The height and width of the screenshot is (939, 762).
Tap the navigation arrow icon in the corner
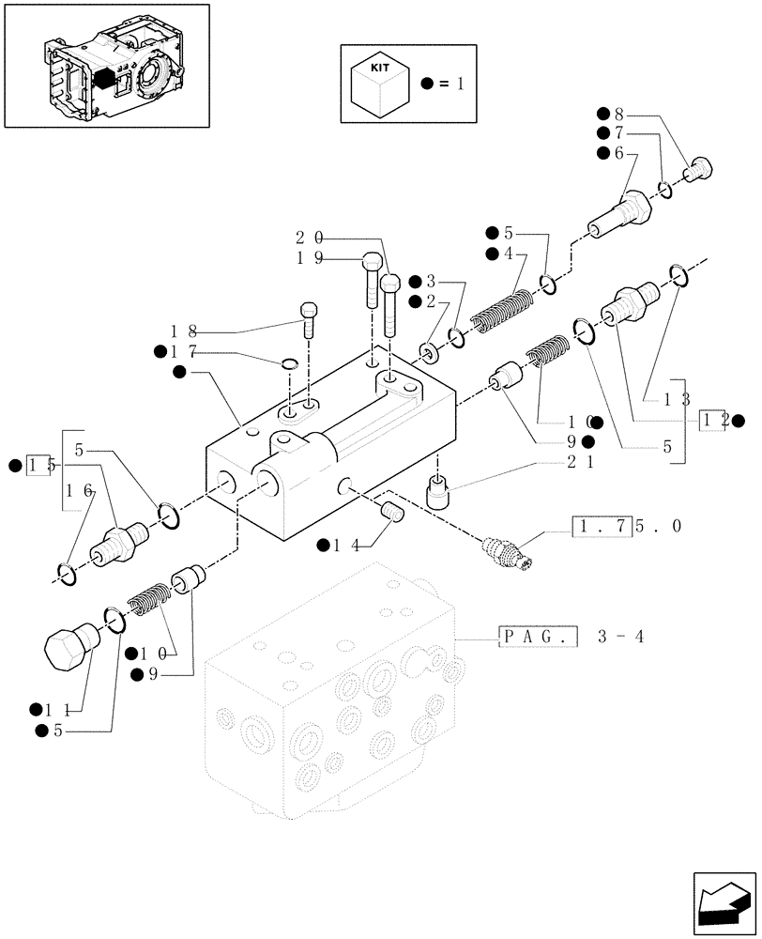click(723, 899)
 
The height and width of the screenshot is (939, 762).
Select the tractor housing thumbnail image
click(107, 65)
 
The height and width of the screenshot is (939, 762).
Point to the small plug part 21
click(437, 492)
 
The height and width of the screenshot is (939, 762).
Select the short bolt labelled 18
click(309, 319)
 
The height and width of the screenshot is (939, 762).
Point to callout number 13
click(677, 398)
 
